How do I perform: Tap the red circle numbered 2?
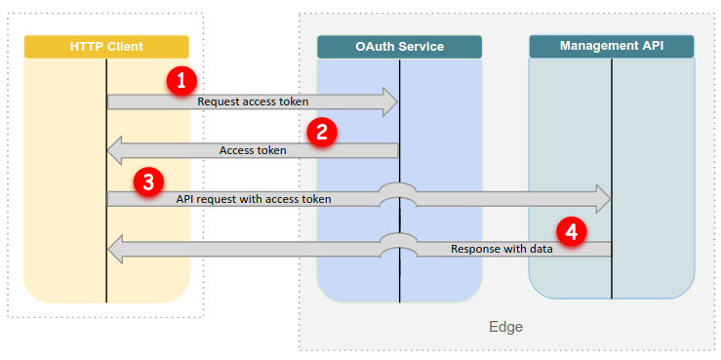pyautogui.click(x=321, y=132)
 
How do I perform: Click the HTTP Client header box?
pyautogui.click(x=106, y=47)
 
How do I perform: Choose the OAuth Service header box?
pyautogui.click(x=399, y=47)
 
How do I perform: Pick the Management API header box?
pyautogui.click(x=611, y=46)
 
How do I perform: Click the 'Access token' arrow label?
pyautogui.click(x=253, y=150)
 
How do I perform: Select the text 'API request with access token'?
pyautogui.click(x=254, y=199)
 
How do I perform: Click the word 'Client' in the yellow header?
pyautogui.click(x=125, y=47)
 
